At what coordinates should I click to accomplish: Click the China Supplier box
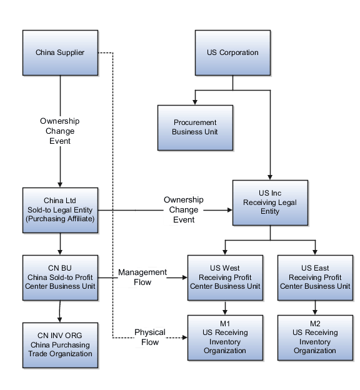coord(60,52)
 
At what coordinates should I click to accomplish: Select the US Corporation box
coord(232,52)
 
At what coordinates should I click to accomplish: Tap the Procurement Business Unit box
coord(195,127)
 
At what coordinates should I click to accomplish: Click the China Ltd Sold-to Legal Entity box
coord(60,210)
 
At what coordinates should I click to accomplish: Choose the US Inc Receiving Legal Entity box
coord(270,203)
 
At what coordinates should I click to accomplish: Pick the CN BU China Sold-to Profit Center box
coord(60,277)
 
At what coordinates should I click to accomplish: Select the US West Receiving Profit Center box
coord(225,277)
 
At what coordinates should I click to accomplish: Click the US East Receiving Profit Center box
coord(315,277)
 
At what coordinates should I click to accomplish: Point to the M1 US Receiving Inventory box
coord(225,338)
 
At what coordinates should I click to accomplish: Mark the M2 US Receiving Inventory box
coord(315,338)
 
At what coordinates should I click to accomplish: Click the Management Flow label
coord(142,277)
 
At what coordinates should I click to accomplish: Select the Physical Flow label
coord(150,337)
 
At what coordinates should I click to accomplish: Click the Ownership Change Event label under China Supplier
coord(60,131)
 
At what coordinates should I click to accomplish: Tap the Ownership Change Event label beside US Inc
coord(184,210)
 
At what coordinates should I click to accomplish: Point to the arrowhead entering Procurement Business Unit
coord(195,101)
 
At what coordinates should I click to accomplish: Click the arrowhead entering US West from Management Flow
coord(184,277)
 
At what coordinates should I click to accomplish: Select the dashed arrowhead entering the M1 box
coord(184,338)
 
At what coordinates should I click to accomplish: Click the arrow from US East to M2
coord(315,307)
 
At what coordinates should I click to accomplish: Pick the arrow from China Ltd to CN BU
coord(60,244)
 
